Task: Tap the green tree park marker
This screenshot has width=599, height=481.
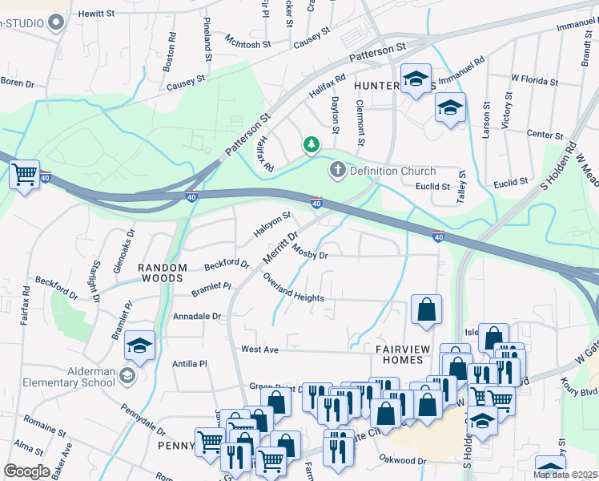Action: tap(311, 144)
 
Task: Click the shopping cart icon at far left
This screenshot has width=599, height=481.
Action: tap(25, 172)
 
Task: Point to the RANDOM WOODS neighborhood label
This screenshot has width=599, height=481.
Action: tap(163, 273)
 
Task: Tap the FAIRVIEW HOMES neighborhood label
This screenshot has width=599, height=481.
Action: tap(404, 355)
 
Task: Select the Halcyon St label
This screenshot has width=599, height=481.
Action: tap(271, 224)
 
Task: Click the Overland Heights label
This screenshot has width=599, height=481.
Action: tap(293, 288)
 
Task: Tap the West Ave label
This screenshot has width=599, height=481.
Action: tap(259, 350)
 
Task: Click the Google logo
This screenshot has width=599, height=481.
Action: tap(26, 471)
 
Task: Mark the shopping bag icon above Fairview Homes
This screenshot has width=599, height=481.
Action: tap(427, 309)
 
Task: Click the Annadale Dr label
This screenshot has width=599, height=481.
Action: tap(196, 317)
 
